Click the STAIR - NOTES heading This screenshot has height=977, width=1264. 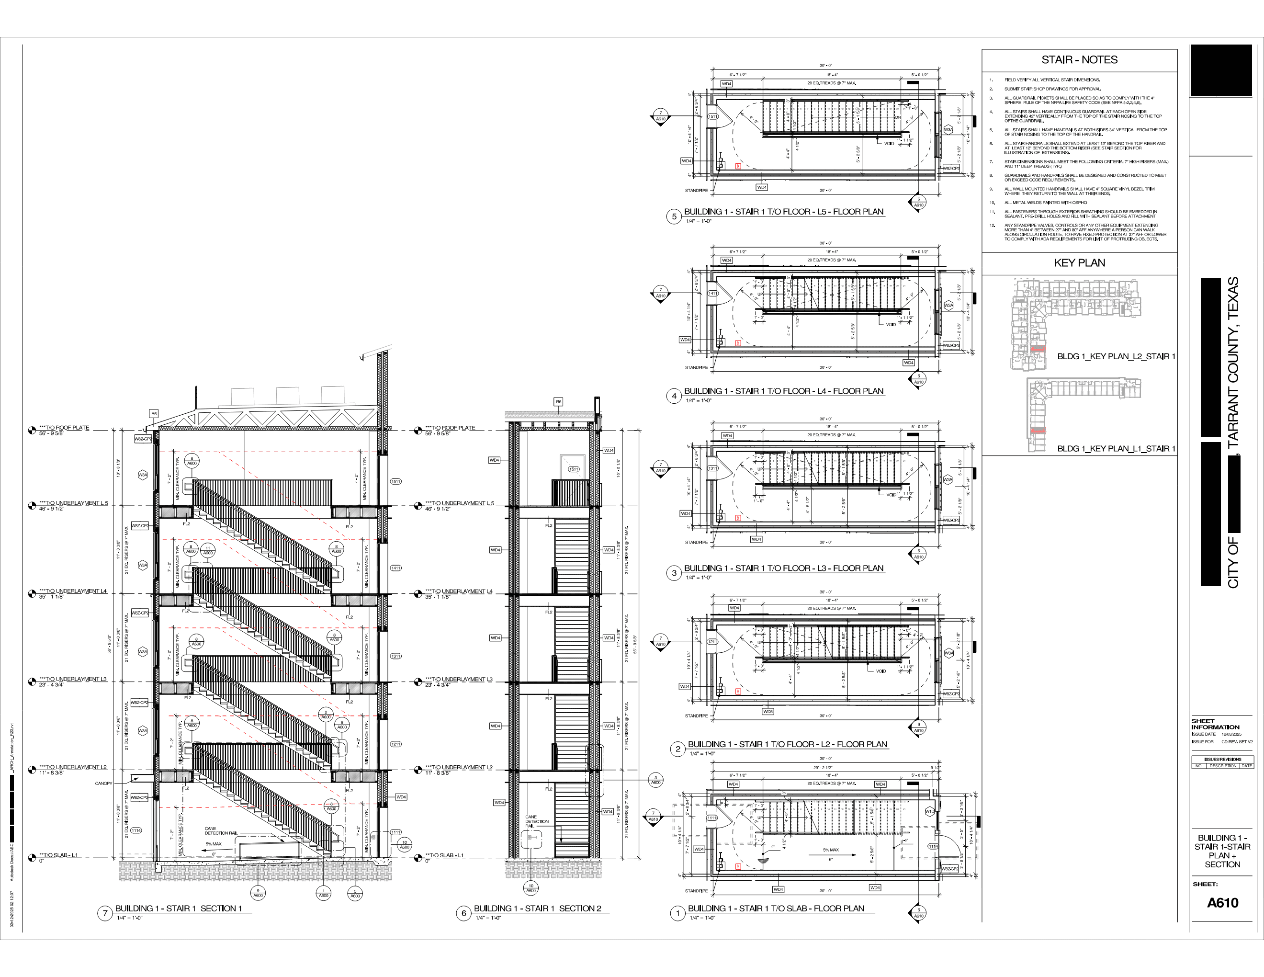[x=1079, y=59]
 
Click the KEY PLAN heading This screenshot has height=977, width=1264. [x=1079, y=263]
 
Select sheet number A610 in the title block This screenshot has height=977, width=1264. [x=1222, y=902]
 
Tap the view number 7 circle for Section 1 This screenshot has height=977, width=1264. [x=105, y=913]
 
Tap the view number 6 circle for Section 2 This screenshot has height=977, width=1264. [x=463, y=913]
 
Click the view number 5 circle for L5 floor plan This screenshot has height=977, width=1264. [x=674, y=216]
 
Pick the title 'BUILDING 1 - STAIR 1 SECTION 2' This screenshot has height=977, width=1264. [x=537, y=908]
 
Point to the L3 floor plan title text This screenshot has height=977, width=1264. [x=784, y=568]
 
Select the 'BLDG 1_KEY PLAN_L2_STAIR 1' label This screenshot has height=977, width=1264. [x=1116, y=356]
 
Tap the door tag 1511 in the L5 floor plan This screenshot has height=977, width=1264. [x=713, y=116]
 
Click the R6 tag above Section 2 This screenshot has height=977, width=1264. [x=558, y=402]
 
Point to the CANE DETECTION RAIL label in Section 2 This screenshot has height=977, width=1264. [x=537, y=821]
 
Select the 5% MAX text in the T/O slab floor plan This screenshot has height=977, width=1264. [x=831, y=850]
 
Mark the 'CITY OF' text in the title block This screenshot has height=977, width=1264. [x=1233, y=563]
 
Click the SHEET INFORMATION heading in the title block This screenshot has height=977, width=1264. [x=1215, y=724]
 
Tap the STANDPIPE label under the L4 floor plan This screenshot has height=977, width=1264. [x=696, y=367]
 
